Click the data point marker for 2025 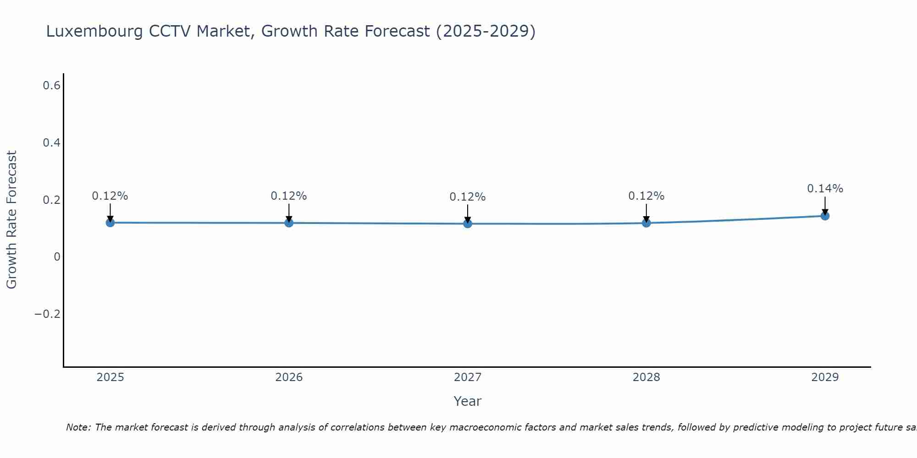pyautogui.click(x=110, y=223)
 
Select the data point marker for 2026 pyautogui.click(x=289, y=223)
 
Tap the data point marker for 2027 pyautogui.click(x=468, y=224)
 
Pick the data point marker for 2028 pyautogui.click(x=646, y=223)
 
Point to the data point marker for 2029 pyautogui.click(x=825, y=216)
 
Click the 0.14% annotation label pyautogui.click(x=825, y=189)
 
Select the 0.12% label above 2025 pyautogui.click(x=110, y=196)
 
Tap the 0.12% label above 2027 pyautogui.click(x=468, y=197)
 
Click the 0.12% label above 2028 pyautogui.click(x=646, y=196)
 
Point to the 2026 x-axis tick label pyautogui.click(x=289, y=377)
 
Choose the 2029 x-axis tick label pyautogui.click(x=825, y=377)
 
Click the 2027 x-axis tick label pyautogui.click(x=468, y=377)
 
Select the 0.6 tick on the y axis pyautogui.click(x=51, y=86)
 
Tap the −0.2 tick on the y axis pyautogui.click(x=48, y=314)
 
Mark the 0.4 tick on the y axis pyautogui.click(x=51, y=143)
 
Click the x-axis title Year pyautogui.click(x=467, y=402)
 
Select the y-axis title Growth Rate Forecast pyautogui.click(x=11, y=220)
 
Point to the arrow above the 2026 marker pyautogui.click(x=289, y=213)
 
